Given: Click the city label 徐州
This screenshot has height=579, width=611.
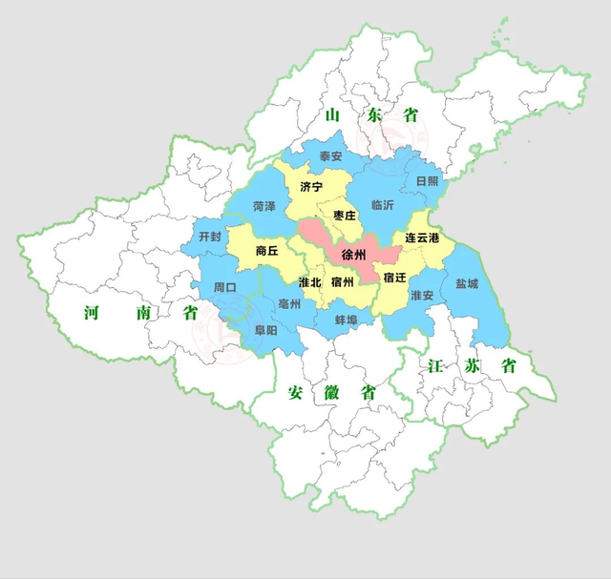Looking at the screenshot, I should (354, 256).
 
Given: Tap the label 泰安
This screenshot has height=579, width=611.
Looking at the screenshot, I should (330, 156).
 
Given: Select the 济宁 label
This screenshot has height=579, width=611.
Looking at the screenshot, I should (311, 186).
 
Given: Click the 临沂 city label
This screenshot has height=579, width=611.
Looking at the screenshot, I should (382, 204).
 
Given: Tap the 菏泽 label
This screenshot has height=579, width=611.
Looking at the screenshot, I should (264, 206).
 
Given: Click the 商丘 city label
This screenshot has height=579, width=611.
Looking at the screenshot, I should (267, 251).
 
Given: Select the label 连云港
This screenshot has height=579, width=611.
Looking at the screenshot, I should (421, 237).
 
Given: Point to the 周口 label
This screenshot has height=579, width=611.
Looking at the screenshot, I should (225, 286).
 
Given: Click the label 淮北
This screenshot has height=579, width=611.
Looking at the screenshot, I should (309, 283).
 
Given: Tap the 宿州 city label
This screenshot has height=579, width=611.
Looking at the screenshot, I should (342, 283).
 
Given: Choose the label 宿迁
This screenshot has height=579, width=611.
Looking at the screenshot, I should (394, 277).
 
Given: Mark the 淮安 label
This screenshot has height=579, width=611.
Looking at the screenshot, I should (421, 296).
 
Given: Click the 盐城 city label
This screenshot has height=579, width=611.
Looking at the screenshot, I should (467, 283).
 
